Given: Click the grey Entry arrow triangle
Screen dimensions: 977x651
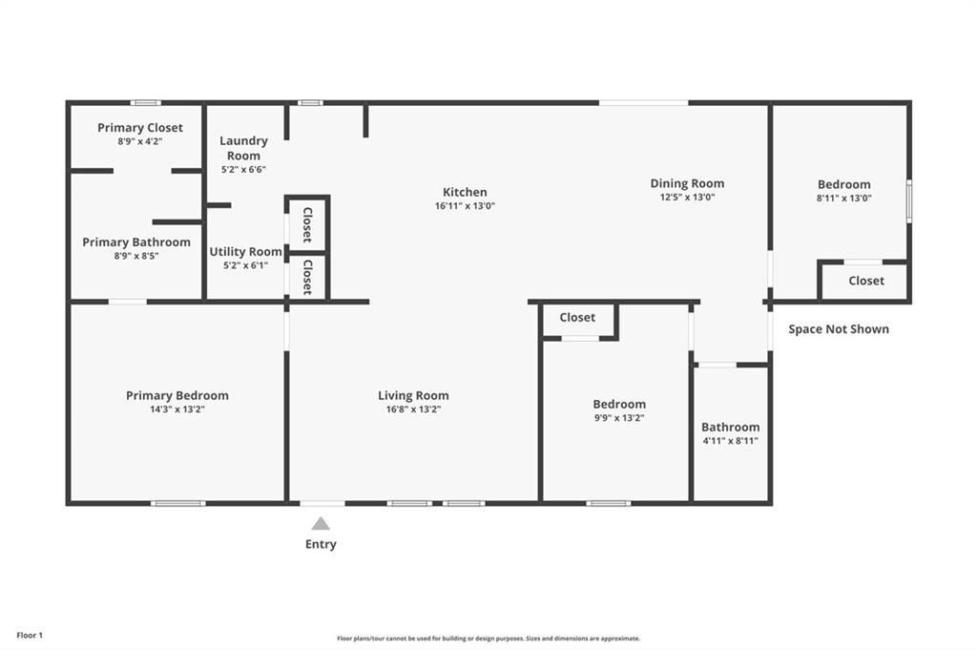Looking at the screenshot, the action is point(321,524).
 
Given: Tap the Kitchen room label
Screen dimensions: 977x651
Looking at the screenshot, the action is point(465,192).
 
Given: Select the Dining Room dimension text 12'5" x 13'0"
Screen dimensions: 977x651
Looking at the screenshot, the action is point(687,197).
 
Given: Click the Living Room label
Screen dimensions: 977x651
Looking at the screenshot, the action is point(413,395).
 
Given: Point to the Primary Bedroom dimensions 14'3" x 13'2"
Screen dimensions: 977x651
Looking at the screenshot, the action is point(177,409).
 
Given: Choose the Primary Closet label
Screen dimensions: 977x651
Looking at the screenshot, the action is point(140,128).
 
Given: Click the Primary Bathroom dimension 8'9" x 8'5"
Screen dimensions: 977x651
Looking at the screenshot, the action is point(136,256).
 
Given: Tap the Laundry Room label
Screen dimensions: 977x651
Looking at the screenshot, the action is point(243,148).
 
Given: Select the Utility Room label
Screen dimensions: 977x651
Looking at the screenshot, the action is point(245,252).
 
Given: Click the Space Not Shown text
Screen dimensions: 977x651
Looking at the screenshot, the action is point(839,329).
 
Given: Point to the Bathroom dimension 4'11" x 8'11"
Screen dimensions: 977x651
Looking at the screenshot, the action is point(730,441).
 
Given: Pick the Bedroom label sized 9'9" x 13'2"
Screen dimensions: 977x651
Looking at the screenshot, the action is point(619,404).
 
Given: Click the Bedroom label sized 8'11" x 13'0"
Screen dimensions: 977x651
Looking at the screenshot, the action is point(844,184).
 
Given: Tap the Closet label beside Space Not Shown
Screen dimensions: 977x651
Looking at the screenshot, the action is point(866,281).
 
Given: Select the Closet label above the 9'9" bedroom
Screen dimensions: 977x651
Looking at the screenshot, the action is point(577,318).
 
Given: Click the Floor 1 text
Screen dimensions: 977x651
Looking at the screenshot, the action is point(30,636).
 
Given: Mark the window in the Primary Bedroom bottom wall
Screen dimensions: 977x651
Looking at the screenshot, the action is point(178,503).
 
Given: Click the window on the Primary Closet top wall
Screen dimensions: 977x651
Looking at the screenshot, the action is point(146,103).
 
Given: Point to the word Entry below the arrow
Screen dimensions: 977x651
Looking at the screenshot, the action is point(321,544).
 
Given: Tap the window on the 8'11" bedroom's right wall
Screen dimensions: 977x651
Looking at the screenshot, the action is point(909,200).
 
